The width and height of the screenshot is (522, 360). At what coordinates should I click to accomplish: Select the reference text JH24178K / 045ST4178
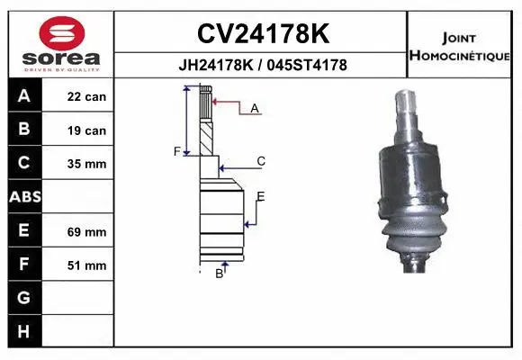click(x=262, y=66)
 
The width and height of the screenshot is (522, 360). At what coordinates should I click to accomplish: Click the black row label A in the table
click(x=23, y=96)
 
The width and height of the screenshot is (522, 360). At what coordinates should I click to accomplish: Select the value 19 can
click(x=86, y=130)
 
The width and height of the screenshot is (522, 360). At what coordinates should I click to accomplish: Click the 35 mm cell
click(x=86, y=164)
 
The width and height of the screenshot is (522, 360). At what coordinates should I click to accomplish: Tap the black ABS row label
click(x=23, y=197)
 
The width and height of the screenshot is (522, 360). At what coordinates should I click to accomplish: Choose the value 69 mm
click(x=86, y=231)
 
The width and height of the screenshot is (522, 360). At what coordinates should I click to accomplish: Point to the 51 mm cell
click(x=86, y=265)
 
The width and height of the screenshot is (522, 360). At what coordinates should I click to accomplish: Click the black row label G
click(x=23, y=298)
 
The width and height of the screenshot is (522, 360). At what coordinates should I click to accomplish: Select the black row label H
click(x=23, y=331)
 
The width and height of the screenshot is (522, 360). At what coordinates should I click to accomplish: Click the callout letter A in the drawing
click(x=255, y=109)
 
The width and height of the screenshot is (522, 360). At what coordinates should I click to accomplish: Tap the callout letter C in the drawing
click(x=261, y=161)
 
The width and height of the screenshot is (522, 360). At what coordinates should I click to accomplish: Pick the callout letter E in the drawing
click(x=261, y=196)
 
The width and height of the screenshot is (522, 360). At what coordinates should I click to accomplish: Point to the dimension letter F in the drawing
click(x=177, y=150)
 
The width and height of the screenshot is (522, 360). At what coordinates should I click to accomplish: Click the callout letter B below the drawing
click(x=219, y=274)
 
